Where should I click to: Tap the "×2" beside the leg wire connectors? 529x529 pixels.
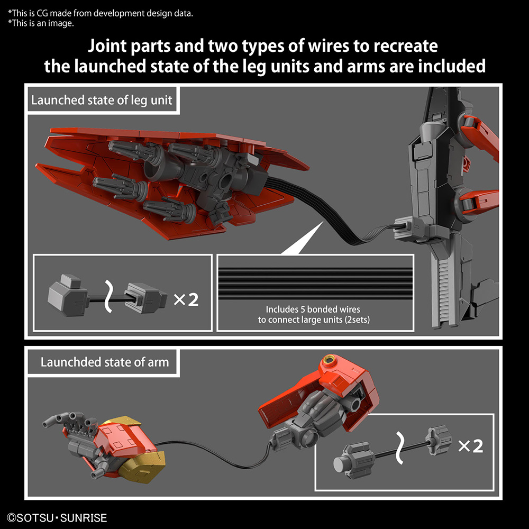(186, 299)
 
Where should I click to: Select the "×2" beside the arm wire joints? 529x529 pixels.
(471, 446)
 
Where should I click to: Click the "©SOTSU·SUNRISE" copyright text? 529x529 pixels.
(57, 518)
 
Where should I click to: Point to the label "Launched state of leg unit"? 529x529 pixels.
(102, 100)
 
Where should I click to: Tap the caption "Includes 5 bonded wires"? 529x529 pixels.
(313, 309)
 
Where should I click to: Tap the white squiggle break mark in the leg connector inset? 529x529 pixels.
(108, 296)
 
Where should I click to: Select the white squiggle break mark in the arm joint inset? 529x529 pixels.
(400, 448)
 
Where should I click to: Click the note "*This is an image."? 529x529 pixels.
(41, 23)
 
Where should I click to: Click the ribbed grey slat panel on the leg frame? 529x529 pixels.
(444, 292)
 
